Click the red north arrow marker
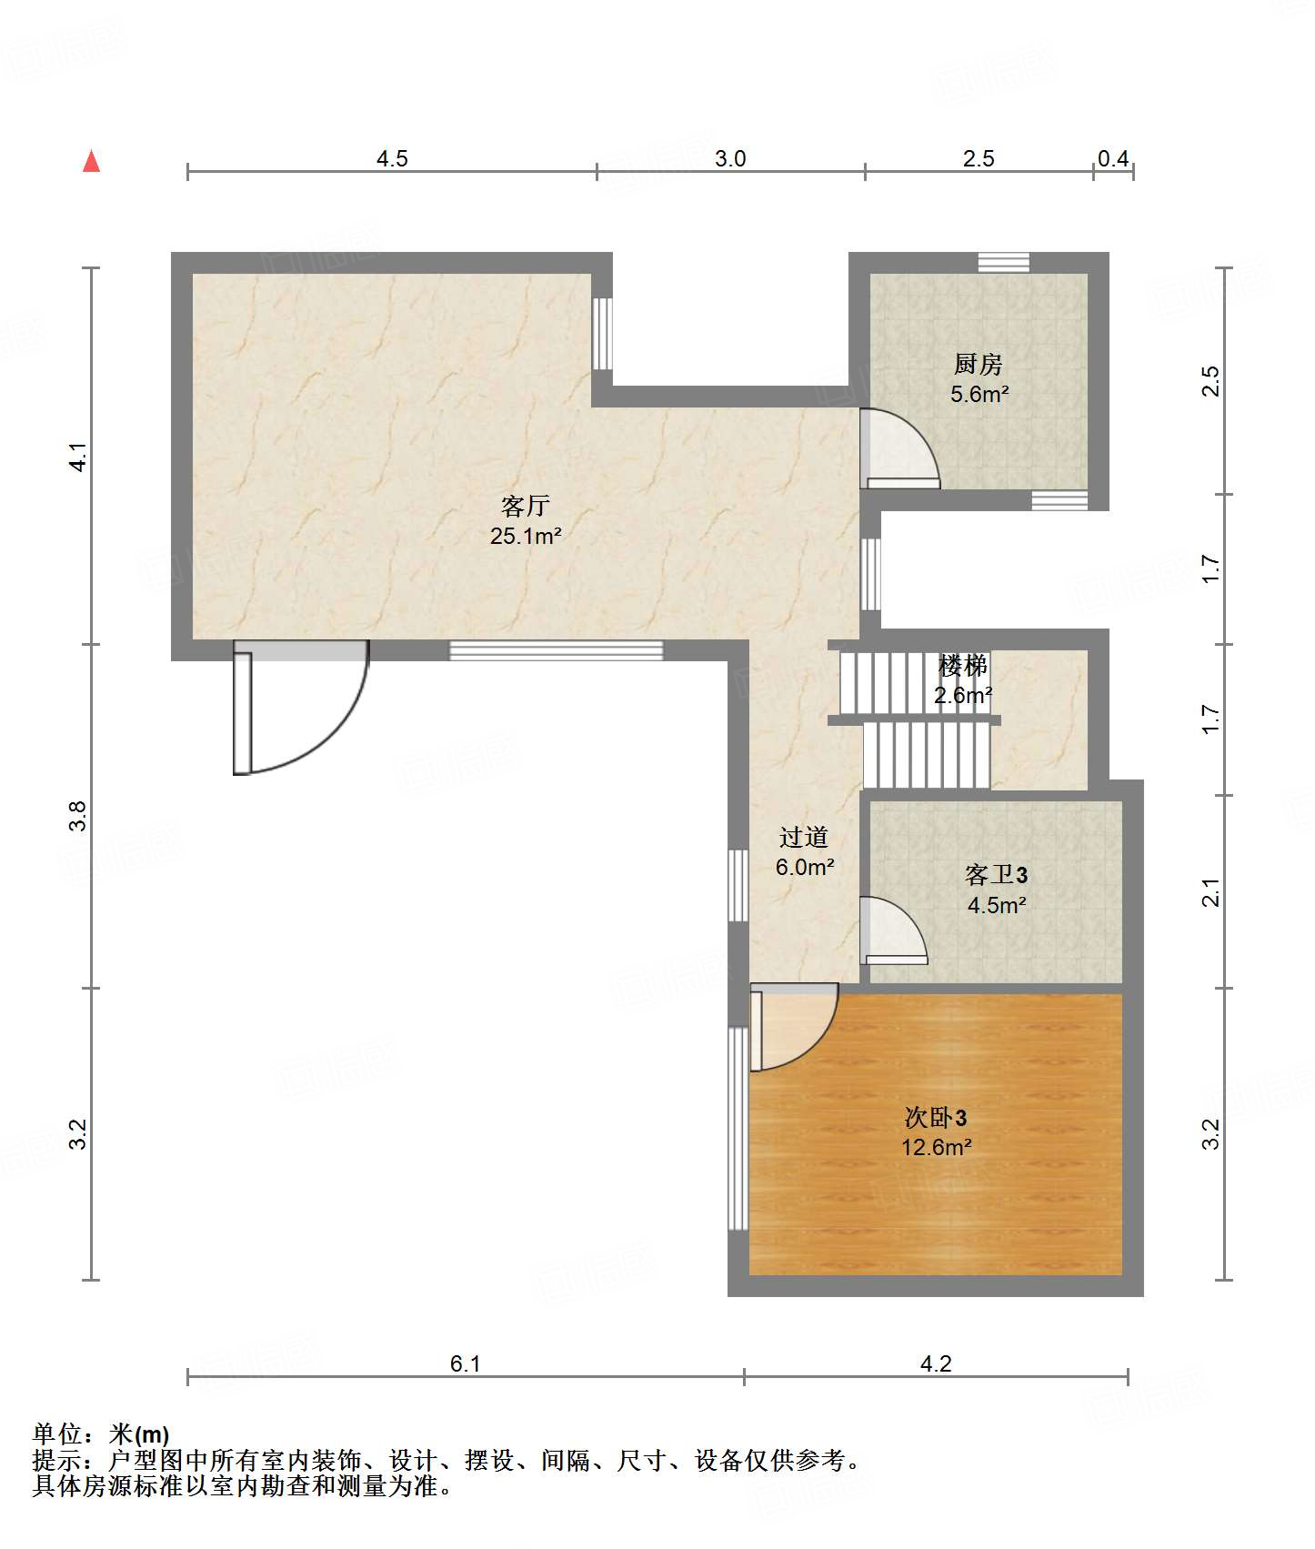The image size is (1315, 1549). click(91, 161)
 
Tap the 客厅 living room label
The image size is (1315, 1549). click(526, 506)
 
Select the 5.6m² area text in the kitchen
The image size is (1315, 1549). click(979, 394)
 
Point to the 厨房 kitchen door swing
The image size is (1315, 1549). click(899, 448)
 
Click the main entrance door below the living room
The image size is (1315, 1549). click(301, 707)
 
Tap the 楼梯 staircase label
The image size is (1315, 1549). click(963, 666)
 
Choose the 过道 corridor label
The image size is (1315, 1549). click(804, 837)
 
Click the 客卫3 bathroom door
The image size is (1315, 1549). click(893, 930)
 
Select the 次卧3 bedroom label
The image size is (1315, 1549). click(936, 1117)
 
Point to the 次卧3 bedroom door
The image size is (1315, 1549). click(793, 1027)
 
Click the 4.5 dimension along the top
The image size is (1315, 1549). click(392, 158)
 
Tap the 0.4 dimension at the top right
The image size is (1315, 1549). click(1113, 158)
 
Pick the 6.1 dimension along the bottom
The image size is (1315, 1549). click(465, 1363)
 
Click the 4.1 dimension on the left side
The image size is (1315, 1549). click(78, 457)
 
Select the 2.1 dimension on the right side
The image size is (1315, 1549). click(1210, 892)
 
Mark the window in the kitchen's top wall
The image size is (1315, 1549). click(1004, 262)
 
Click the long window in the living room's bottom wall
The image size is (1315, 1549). click(557, 650)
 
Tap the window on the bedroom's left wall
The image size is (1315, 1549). click(738, 1129)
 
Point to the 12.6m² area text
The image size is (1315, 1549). click(937, 1147)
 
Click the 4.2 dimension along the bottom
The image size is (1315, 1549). click(936, 1363)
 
